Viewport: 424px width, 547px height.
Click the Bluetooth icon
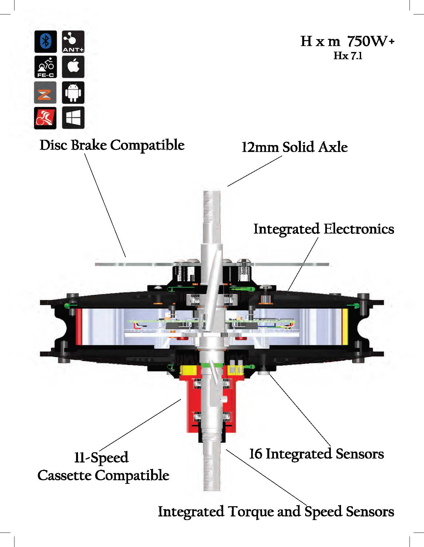(x=45, y=41)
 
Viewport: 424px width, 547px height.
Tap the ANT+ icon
(x=73, y=41)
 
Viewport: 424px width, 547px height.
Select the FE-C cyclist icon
(x=45, y=67)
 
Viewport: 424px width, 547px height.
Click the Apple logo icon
(x=73, y=67)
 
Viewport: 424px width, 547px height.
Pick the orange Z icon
(x=45, y=93)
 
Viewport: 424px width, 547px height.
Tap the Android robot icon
(x=73, y=93)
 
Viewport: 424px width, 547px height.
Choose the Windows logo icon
(x=73, y=118)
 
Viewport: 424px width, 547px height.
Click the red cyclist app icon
(x=45, y=118)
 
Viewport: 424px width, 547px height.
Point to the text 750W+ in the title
(x=371, y=41)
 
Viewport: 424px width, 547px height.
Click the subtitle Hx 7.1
(x=348, y=56)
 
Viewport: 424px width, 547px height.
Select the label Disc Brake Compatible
(x=112, y=145)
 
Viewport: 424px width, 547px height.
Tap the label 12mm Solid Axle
(x=295, y=147)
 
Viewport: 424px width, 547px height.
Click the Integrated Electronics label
(x=324, y=229)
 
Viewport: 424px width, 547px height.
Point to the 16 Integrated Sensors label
(x=316, y=454)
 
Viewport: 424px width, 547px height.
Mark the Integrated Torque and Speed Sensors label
(x=276, y=511)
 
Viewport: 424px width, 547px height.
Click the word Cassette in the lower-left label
(x=65, y=476)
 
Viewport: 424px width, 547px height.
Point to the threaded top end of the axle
(x=212, y=204)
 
